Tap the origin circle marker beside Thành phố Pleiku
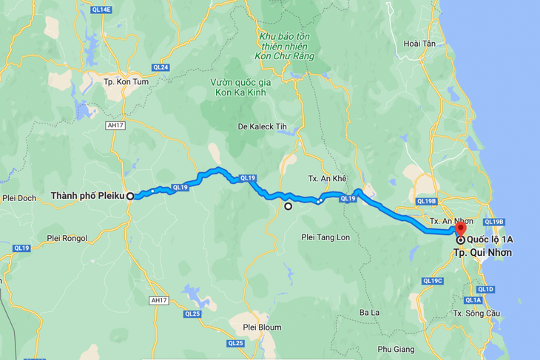pyautogui.click(x=130, y=196)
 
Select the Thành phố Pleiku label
pyautogui.click(x=87, y=196)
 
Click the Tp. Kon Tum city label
pyautogui.click(x=122, y=82)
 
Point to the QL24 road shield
pyautogui.click(x=161, y=67)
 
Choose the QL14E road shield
pyautogui.click(x=103, y=10)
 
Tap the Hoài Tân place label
pyautogui.click(x=420, y=44)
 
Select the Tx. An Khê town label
pyautogui.click(x=327, y=180)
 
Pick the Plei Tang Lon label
pyautogui.click(x=325, y=237)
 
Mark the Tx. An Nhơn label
pyautogui.click(x=451, y=221)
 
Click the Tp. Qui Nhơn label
pyautogui.click(x=483, y=252)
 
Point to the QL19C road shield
pyautogui.click(x=432, y=281)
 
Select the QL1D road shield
pyautogui.click(x=486, y=289)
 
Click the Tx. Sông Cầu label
pyautogui.click(x=473, y=313)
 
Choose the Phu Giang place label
pyautogui.click(x=398, y=349)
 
